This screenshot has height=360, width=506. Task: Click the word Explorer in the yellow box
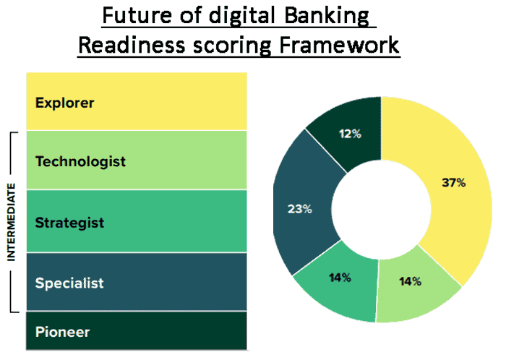(x=64, y=103)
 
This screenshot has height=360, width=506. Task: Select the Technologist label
(x=80, y=162)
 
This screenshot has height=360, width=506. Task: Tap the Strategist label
(x=69, y=223)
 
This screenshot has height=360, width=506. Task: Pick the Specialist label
(x=69, y=283)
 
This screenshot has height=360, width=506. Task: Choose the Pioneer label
(x=62, y=332)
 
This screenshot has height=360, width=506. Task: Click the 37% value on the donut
(x=454, y=183)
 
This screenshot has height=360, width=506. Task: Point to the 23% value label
(x=300, y=209)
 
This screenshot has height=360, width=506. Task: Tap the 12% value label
(x=350, y=134)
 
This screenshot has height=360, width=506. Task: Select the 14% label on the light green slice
(x=410, y=281)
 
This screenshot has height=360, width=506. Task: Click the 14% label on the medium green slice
(x=340, y=278)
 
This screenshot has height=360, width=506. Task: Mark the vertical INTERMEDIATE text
(x=12, y=222)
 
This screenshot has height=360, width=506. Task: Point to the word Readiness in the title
(x=132, y=45)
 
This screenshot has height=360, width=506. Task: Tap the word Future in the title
(x=137, y=15)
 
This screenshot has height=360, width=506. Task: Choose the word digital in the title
(x=242, y=16)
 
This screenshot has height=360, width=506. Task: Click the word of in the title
(x=190, y=15)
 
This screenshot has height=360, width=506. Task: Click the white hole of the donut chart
(x=382, y=210)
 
